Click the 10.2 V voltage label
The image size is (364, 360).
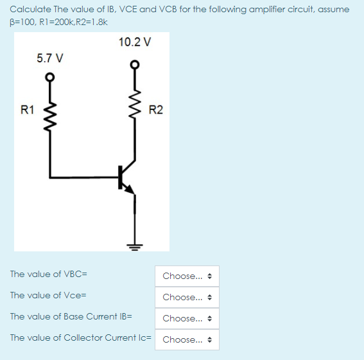click(135, 42)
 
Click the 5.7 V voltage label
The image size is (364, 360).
click(50, 58)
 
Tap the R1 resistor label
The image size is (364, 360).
click(28, 110)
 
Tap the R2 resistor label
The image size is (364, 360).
click(155, 110)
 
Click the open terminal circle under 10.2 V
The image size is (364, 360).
click(135, 64)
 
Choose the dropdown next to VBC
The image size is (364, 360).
click(186, 276)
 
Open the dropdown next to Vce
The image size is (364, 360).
click(186, 297)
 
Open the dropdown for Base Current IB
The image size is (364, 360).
click(186, 318)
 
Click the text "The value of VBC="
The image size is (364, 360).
click(49, 274)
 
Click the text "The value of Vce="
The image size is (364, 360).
click(48, 295)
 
